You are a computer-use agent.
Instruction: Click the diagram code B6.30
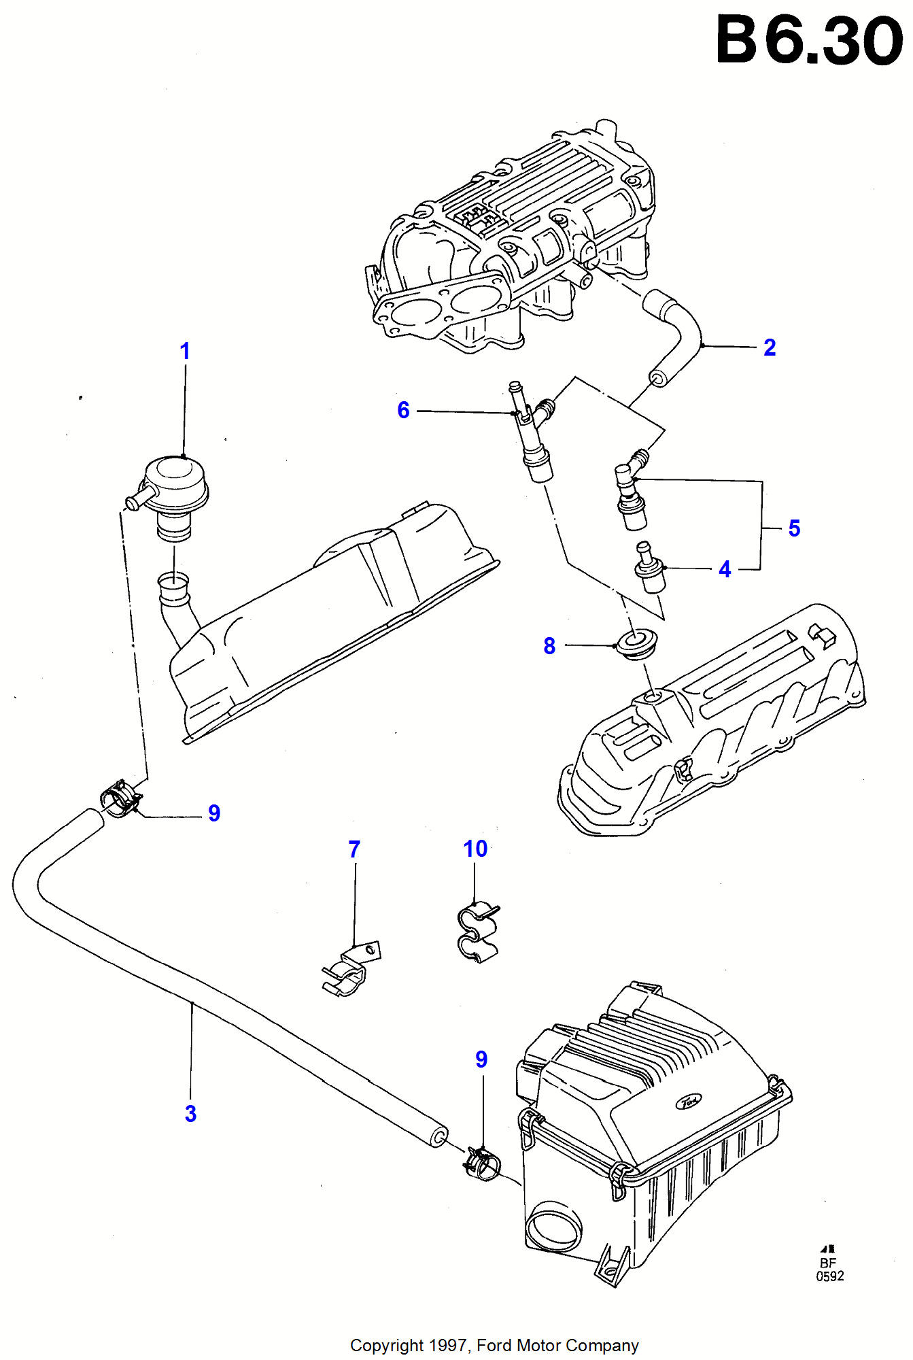point(809,41)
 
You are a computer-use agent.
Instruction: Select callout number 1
point(185,352)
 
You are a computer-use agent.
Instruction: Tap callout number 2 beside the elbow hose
point(770,347)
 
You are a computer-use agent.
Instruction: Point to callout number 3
point(191,1113)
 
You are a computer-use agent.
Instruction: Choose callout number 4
point(725,569)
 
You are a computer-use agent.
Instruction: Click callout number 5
point(794,528)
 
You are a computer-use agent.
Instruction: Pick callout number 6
point(404,410)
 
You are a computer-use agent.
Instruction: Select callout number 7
point(354,849)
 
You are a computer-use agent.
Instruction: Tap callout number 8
point(549,646)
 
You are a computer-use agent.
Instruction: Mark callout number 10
point(475,849)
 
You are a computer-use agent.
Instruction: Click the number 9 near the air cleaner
point(481,1059)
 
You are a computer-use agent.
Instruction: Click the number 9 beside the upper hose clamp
point(214,813)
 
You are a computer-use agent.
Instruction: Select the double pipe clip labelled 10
point(477,932)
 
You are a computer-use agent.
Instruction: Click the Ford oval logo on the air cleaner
point(689,1101)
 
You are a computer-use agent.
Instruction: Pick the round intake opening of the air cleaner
point(555,1225)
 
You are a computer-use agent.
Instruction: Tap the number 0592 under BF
point(829,1276)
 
